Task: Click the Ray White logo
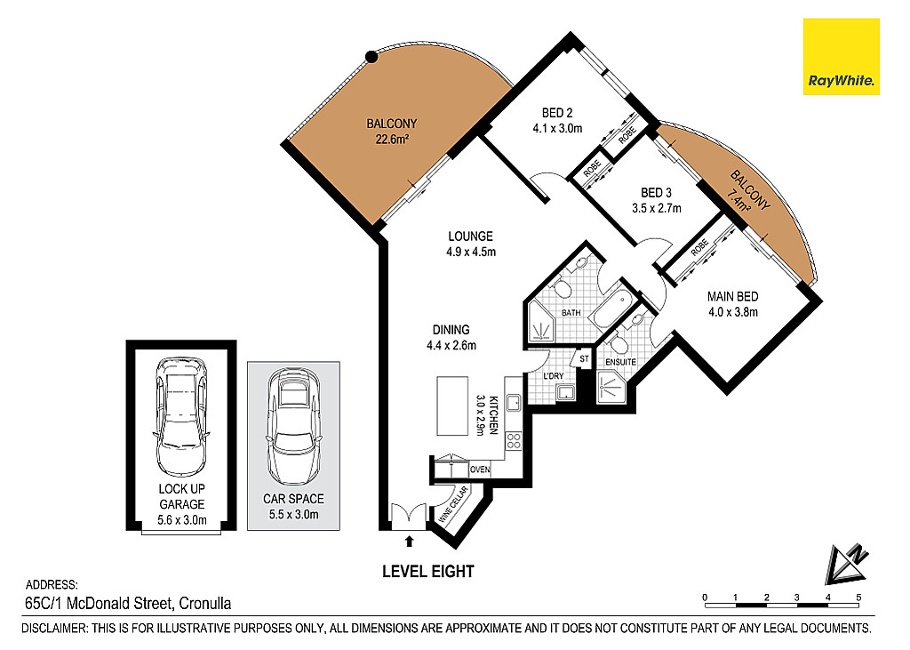[841, 56]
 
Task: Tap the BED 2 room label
[557, 113]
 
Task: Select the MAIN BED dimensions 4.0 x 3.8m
[733, 312]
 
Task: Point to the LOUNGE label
[470, 237]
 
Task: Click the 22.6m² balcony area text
[392, 139]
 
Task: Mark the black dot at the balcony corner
[371, 57]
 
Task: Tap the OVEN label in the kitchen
[480, 469]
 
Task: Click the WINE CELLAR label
[453, 505]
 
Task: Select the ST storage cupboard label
[584, 359]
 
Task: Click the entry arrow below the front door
[409, 541]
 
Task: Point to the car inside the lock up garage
[180, 416]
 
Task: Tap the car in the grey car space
[293, 425]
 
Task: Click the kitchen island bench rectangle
[452, 405]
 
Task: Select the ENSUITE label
[620, 362]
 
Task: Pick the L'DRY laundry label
[553, 376]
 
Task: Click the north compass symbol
[847, 564]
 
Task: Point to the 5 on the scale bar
[858, 598]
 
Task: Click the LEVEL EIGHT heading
[427, 572]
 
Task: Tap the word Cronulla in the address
[205, 604]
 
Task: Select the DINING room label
[451, 329]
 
